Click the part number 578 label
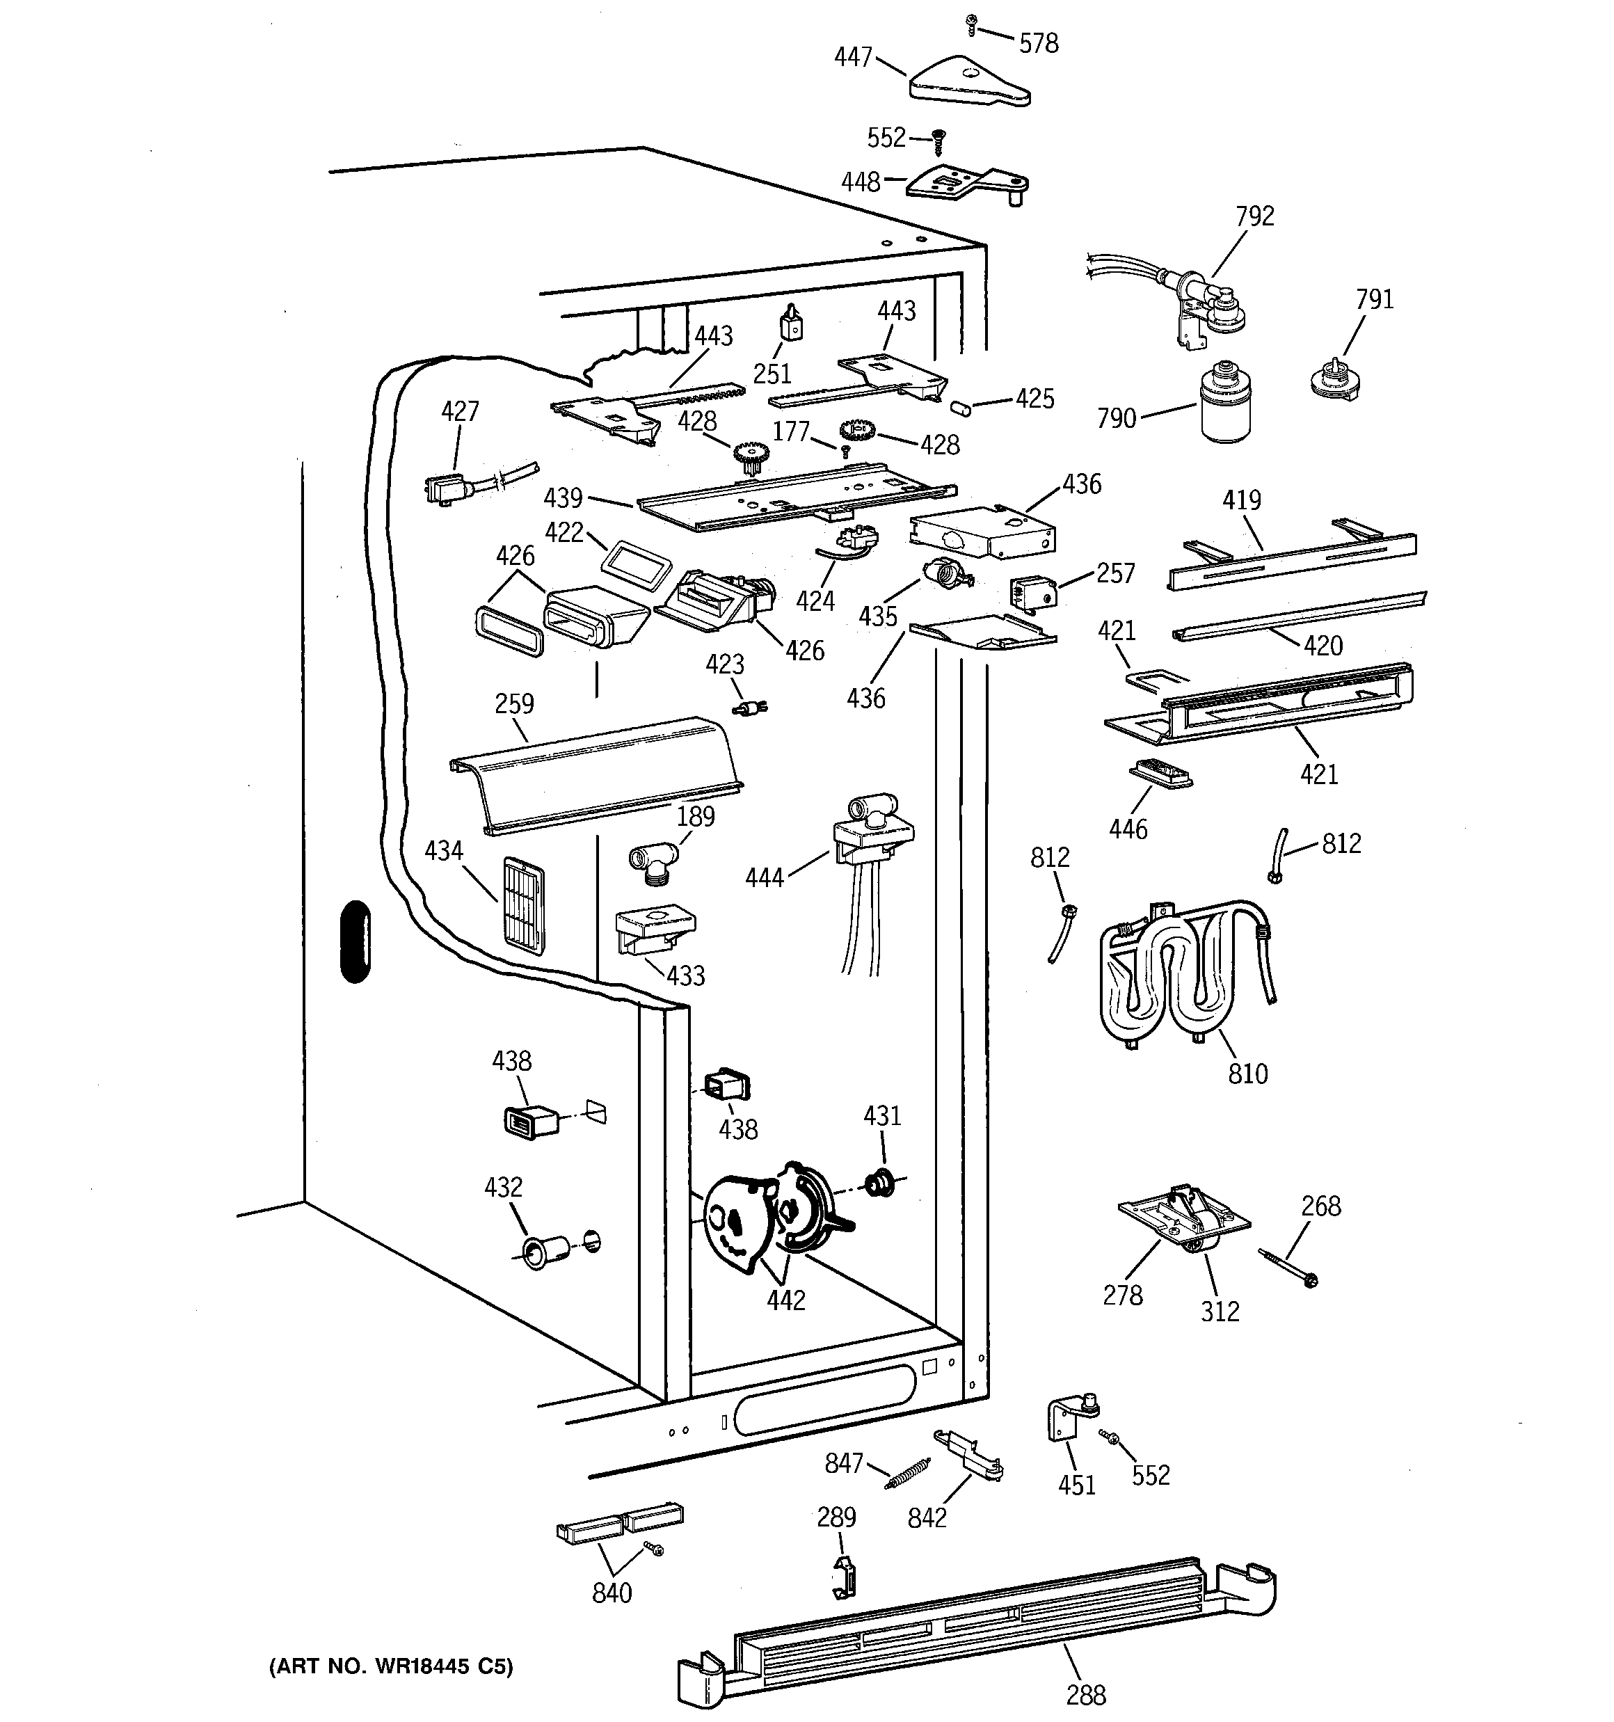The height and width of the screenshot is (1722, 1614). (x=1038, y=43)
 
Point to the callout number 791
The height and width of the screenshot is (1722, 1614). (x=1374, y=300)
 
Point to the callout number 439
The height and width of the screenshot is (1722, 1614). (x=563, y=498)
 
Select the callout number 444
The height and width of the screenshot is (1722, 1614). (x=764, y=878)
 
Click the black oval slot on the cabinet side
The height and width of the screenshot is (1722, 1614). (x=355, y=941)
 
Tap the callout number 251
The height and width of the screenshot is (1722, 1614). (x=772, y=374)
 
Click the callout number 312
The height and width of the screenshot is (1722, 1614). (x=1220, y=1312)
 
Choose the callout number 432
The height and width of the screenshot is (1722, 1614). (x=504, y=1187)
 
